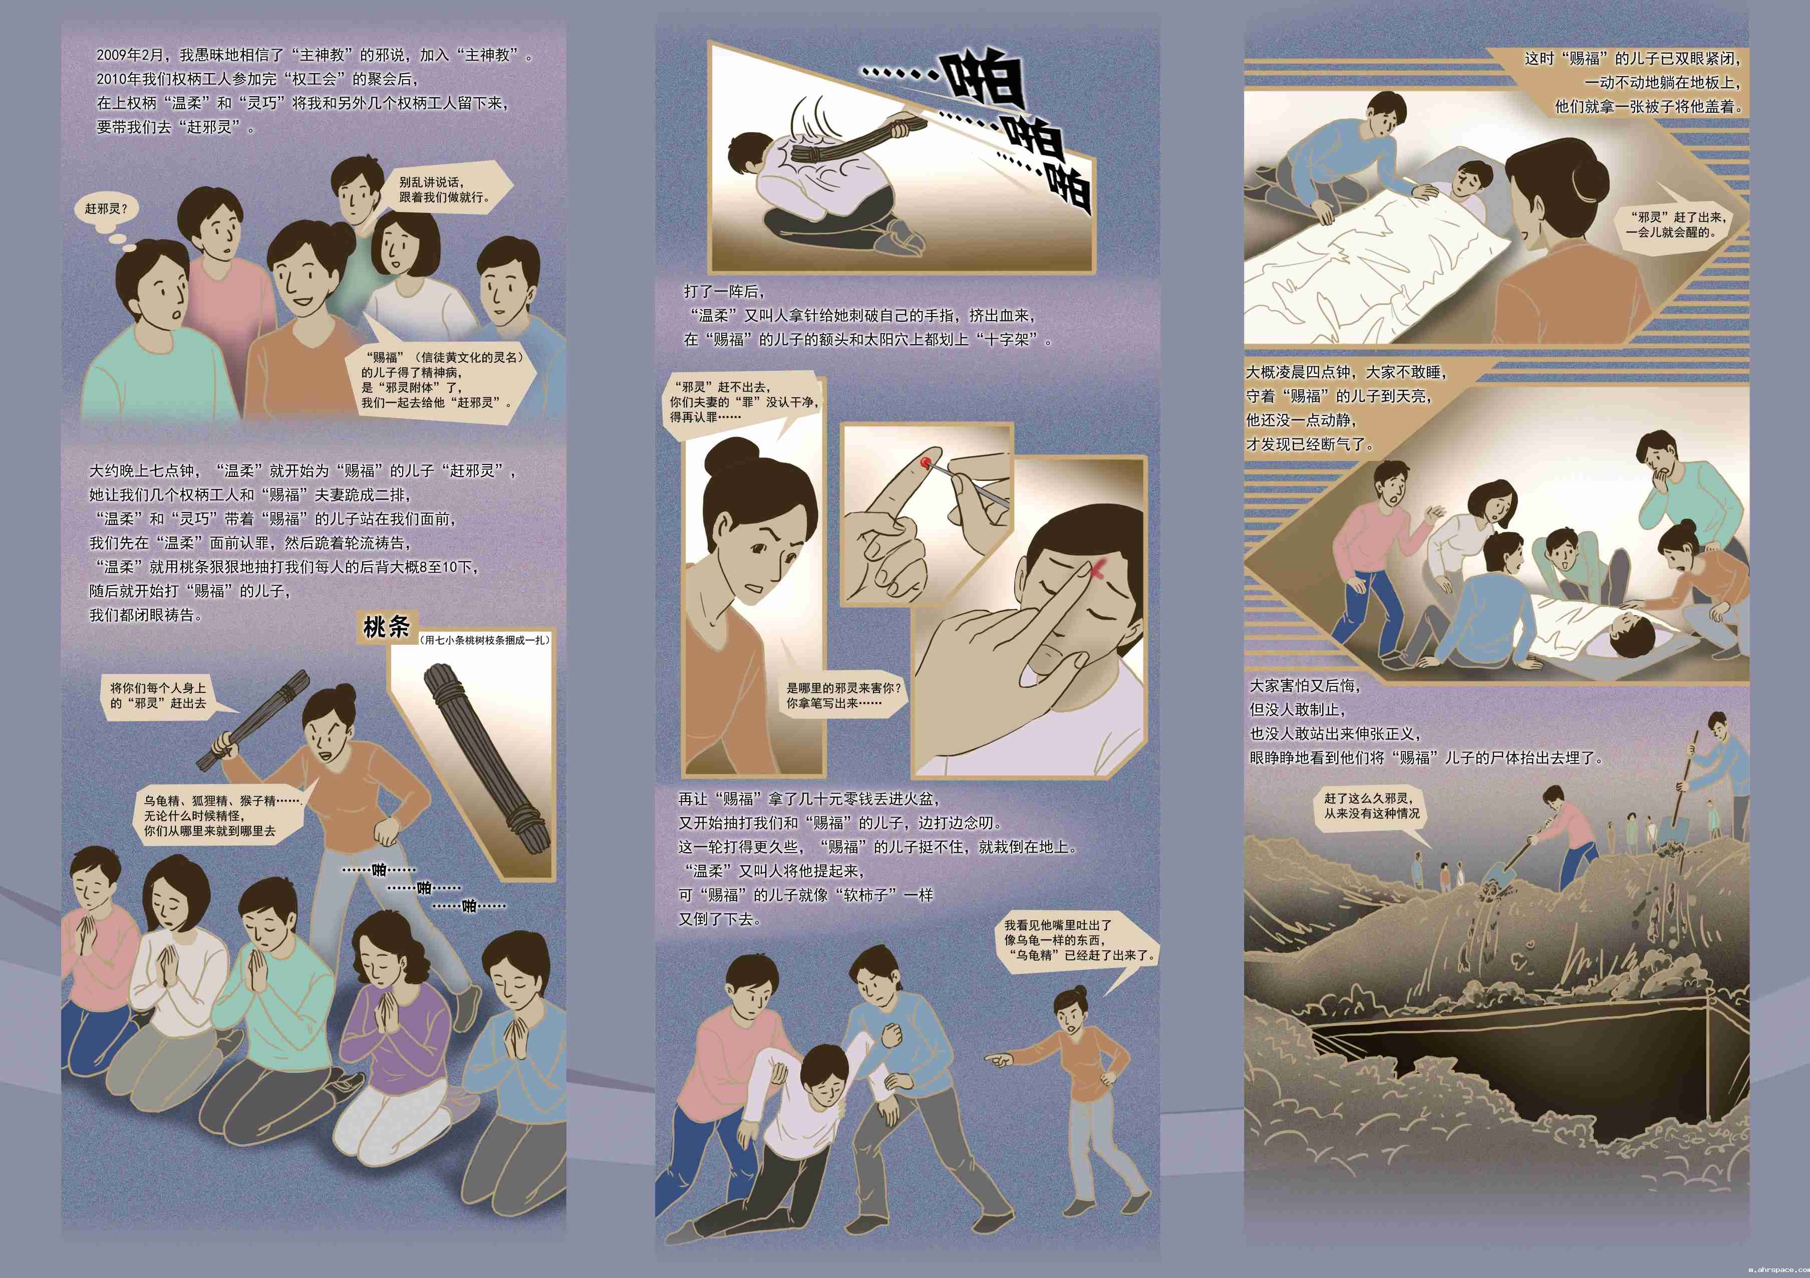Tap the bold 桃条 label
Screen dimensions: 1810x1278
pos(387,628)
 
